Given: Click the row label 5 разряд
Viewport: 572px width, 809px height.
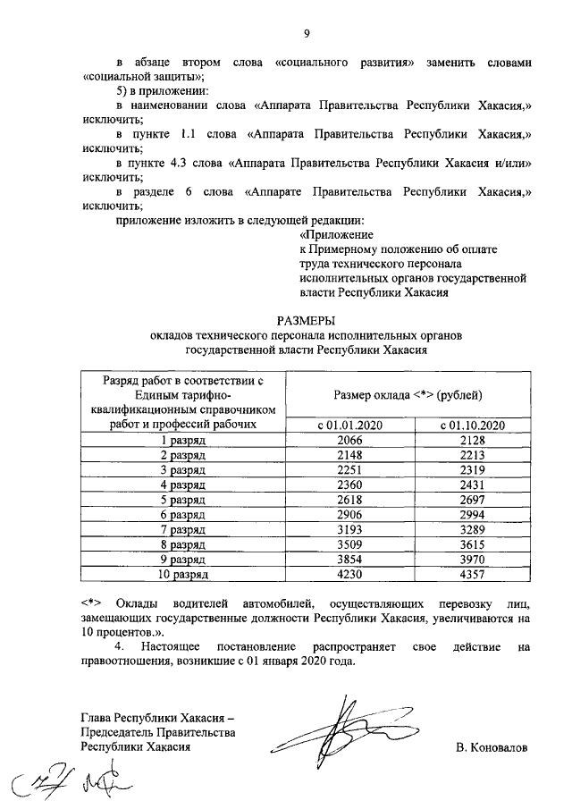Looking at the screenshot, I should pyautogui.click(x=182, y=500).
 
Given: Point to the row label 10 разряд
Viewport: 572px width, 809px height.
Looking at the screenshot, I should pyautogui.click(x=182, y=574).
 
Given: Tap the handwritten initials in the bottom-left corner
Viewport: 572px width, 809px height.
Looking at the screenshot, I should pyautogui.click(x=76, y=783).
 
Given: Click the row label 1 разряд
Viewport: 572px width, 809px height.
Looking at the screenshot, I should pyautogui.click(x=182, y=440).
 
